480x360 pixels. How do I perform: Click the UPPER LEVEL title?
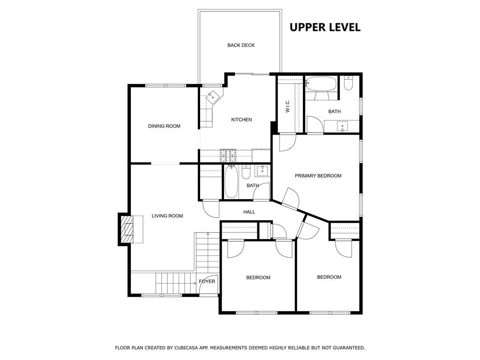point(325,27)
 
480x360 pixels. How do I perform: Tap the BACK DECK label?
point(241,45)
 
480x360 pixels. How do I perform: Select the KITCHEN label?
point(241,120)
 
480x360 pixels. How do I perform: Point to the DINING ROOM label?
point(164,126)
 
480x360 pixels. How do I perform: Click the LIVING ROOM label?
point(167,216)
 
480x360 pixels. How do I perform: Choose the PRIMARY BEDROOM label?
point(318,176)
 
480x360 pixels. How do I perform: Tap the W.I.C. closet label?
point(287,106)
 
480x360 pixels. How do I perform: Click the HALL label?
point(249,212)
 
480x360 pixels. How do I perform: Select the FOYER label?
point(207,281)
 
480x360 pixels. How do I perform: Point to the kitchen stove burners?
point(228,156)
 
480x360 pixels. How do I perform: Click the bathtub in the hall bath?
point(232,182)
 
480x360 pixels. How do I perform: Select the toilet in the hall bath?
point(246,172)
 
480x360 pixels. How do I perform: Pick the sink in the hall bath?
point(262,171)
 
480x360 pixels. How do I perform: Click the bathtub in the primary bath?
point(321,84)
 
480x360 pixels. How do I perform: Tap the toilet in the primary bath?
point(348,83)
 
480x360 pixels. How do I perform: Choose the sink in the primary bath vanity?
point(342,126)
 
